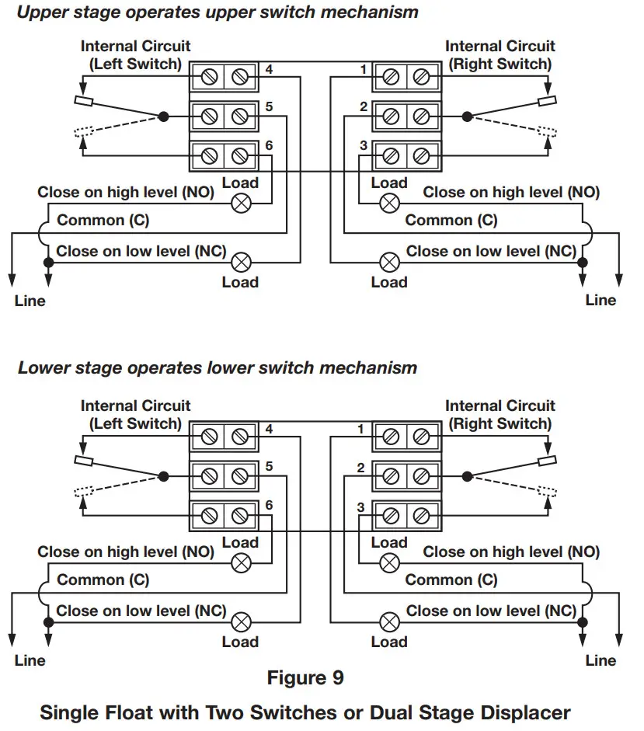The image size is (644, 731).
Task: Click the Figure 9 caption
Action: [x=305, y=677]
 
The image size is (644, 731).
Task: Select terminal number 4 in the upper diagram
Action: [x=269, y=70]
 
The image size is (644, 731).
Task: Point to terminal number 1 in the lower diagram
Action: [x=360, y=430]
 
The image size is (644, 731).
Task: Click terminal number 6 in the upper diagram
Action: [x=269, y=145]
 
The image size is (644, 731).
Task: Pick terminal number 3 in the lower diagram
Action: [x=360, y=507]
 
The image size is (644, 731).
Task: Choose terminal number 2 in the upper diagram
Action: [x=363, y=107]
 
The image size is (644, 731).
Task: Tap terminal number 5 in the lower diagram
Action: [x=269, y=467]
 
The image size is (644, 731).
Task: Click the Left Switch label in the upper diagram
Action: [x=135, y=64]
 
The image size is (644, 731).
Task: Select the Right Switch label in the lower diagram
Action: [x=500, y=423]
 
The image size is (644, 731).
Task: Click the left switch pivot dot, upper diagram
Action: [x=163, y=117]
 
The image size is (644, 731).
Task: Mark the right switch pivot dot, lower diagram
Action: [x=467, y=476]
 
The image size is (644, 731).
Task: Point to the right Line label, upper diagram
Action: [x=600, y=300]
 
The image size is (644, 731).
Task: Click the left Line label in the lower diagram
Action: [x=30, y=660]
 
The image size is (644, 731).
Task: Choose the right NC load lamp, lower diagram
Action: [x=388, y=621]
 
